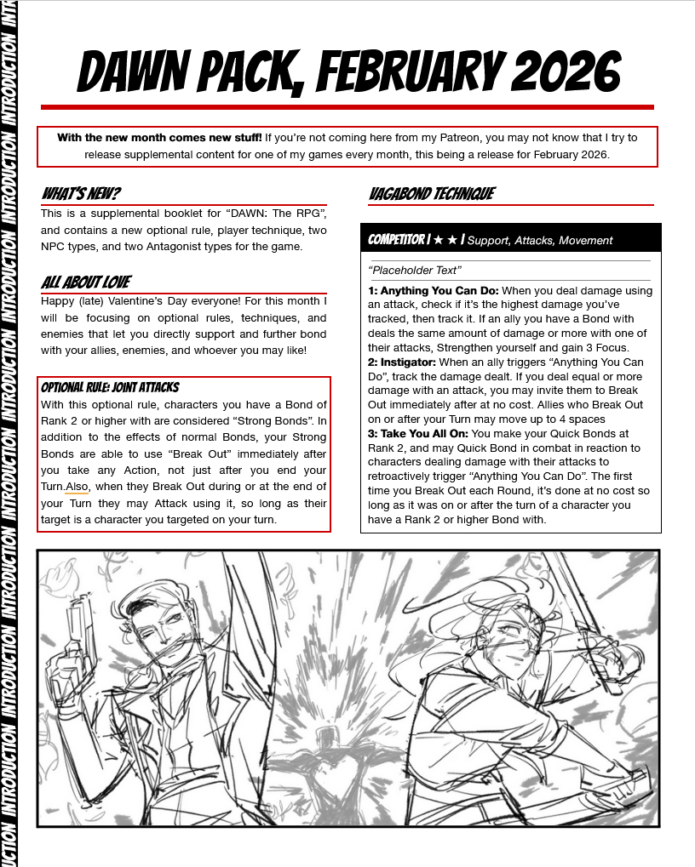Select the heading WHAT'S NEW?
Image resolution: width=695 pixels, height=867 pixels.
pyautogui.click(x=81, y=194)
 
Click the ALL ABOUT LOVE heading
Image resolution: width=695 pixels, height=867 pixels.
pyautogui.click(x=86, y=282)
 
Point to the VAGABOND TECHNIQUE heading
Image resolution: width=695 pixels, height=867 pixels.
pyautogui.click(x=431, y=194)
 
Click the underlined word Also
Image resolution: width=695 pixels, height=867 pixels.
pyautogui.click(x=77, y=486)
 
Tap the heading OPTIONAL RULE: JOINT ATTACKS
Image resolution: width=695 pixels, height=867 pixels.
pyautogui.click(x=110, y=388)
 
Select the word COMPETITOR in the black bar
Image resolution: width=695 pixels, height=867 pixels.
pyautogui.click(x=396, y=240)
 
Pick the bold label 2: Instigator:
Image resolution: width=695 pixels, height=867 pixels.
pyautogui.click(x=404, y=362)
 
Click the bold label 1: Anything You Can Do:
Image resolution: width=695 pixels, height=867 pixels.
pyautogui.click(x=434, y=291)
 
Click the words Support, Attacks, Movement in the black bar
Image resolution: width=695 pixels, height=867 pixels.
pyautogui.click(x=540, y=241)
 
